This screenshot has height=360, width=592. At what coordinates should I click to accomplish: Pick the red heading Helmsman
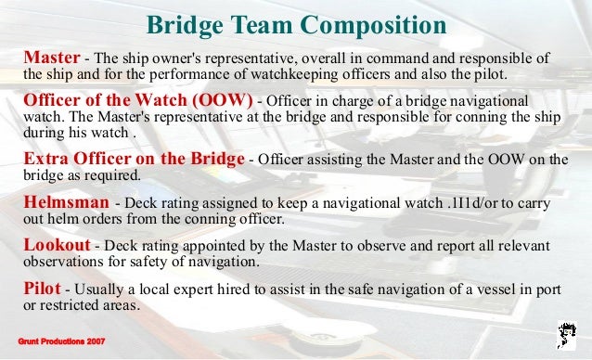(x=63, y=202)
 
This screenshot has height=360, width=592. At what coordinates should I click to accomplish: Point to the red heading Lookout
(x=57, y=245)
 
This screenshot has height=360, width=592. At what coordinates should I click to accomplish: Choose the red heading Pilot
(x=40, y=288)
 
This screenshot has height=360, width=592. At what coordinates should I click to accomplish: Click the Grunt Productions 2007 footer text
(x=62, y=342)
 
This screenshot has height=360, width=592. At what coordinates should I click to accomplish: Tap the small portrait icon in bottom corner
(x=567, y=333)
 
